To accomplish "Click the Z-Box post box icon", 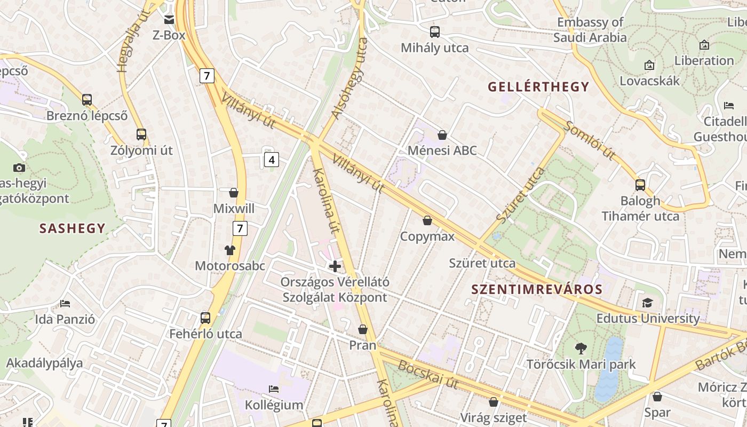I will [x=169, y=20].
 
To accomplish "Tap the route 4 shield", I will [x=272, y=159].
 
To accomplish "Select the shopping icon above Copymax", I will [x=427, y=220].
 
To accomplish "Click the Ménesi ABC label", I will [x=442, y=151].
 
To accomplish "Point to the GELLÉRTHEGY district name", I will [x=538, y=86].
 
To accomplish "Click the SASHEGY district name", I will [x=73, y=228].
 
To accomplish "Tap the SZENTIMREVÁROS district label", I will [x=537, y=290].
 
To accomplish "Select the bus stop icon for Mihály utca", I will [x=435, y=32].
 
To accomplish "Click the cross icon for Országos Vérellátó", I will [x=335, y=266].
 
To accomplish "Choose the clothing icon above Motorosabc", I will [x=230, y=250].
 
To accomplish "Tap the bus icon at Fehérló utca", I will [x=205, y=318].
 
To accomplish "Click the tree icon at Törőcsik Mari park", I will [x=581, y=349].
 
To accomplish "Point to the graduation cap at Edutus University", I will [x=647, y=303].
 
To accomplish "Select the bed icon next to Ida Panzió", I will [x=65, y=304].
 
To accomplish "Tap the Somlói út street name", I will [x=590, y=140].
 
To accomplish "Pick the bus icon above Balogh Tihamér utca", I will [x=640, y=185].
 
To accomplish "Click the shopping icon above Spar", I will [x=657, y=397].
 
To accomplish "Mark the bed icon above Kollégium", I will [x=274, y=389].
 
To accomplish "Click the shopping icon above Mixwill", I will [x=233, y=193].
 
